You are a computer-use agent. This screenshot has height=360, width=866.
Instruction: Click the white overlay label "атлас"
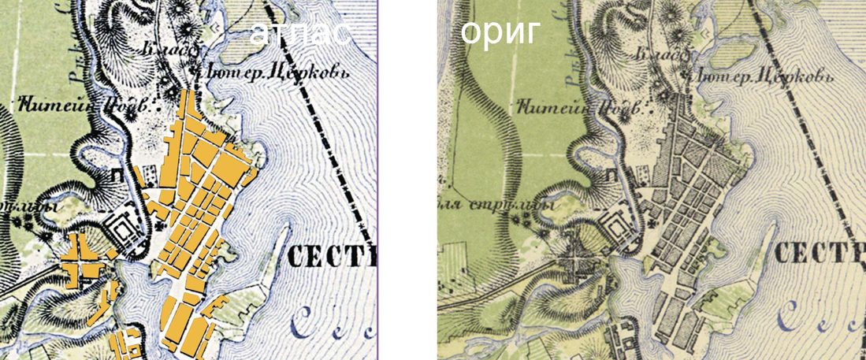tap(300, 33)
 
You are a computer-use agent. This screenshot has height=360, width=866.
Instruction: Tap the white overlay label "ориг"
tap(500, 33)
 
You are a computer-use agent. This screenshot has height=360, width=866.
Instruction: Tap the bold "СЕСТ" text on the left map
tap(332, 256)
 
